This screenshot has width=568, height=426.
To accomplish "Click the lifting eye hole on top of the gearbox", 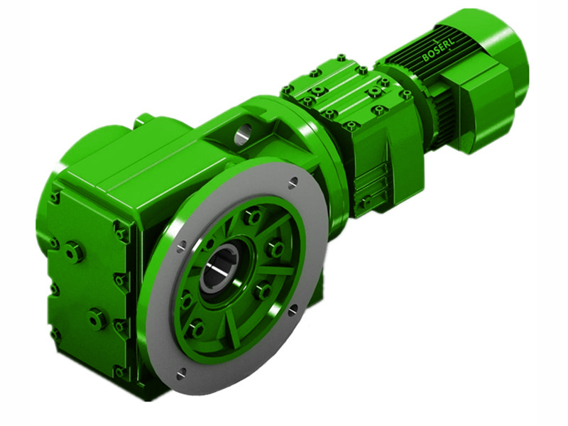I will [244, 133].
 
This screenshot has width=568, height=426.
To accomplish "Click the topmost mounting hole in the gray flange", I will [292, 183].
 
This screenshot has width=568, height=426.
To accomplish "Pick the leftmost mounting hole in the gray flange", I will [182, 246].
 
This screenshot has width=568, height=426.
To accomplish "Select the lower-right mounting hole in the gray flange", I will [291, 309].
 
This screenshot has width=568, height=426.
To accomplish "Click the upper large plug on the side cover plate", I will [74, 251].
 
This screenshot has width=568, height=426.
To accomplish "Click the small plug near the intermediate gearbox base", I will [365, 202].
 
